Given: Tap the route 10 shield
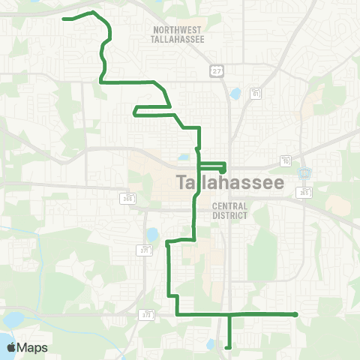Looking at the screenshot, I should [286, 160].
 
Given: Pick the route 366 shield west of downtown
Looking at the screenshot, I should [128, 197].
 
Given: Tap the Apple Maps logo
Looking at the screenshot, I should [27, 347].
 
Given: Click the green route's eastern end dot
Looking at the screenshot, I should [296, 314].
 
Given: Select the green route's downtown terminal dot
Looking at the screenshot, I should [223, 171].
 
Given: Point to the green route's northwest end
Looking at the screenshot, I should [64, 18].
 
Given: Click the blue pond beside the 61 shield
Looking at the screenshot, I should [235, 95].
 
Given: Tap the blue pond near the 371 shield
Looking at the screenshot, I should [152, 235].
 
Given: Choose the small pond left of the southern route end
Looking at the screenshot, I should [211, 346].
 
